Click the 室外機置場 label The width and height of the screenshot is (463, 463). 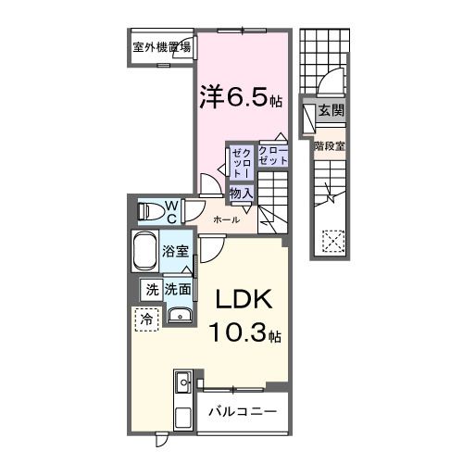[x=162, y=47]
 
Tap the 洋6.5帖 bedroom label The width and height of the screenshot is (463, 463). [x=241, y=96]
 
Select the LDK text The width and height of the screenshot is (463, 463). [x=244, y=299]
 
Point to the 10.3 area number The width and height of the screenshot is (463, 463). [x=237, y=332]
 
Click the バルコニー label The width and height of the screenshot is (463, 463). [x=243, y=411]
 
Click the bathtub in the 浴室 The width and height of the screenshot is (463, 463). [x=144, y=251]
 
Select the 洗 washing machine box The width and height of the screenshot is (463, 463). [x=151, y=290]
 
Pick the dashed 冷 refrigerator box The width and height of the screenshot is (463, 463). [x=147, y=319]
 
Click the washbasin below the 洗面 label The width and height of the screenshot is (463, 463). [x=180, y=315]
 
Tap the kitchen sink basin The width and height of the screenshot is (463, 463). [x=183, y=382]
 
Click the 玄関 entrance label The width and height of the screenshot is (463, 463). [x=332, y=110]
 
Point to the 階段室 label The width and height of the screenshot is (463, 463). [x=329, y=146]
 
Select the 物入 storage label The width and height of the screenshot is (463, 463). [x=242, y=194]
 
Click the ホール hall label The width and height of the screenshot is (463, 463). [x=226, y=219]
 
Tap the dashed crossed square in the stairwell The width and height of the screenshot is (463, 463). [x=333, y=241]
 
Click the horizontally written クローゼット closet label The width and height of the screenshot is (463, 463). [x=273, y=156]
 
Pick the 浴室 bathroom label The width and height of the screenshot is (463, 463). [x=175, y=251]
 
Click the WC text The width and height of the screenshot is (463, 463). [x=171, y=212]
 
